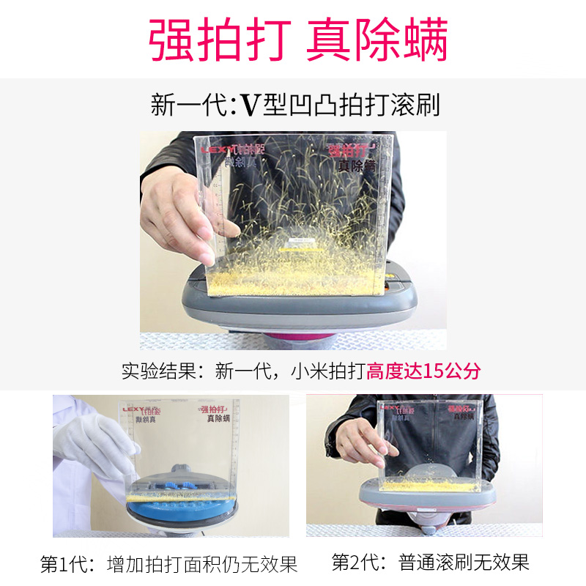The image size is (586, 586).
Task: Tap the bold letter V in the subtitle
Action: point(251,105)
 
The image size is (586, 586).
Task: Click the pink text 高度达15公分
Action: point(424,371)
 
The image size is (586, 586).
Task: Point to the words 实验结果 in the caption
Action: point(160,371)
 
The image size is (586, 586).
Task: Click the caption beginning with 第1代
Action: point(168,564)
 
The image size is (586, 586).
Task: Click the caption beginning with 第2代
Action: point(430,563)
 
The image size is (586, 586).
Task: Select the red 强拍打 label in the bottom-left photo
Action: point(213,408)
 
